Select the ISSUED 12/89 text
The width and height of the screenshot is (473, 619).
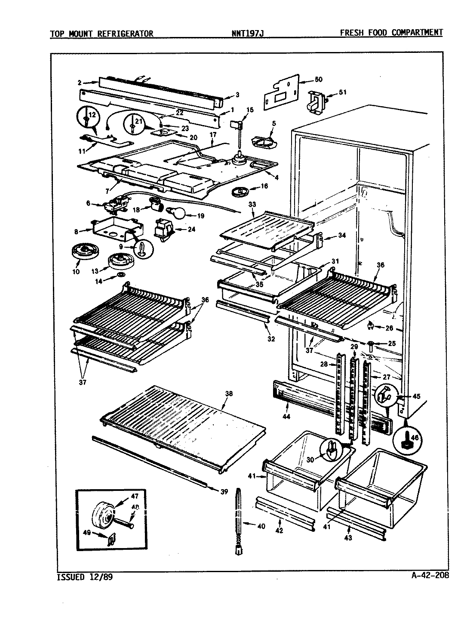point(86,577)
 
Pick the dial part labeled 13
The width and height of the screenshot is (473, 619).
point(119,260)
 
